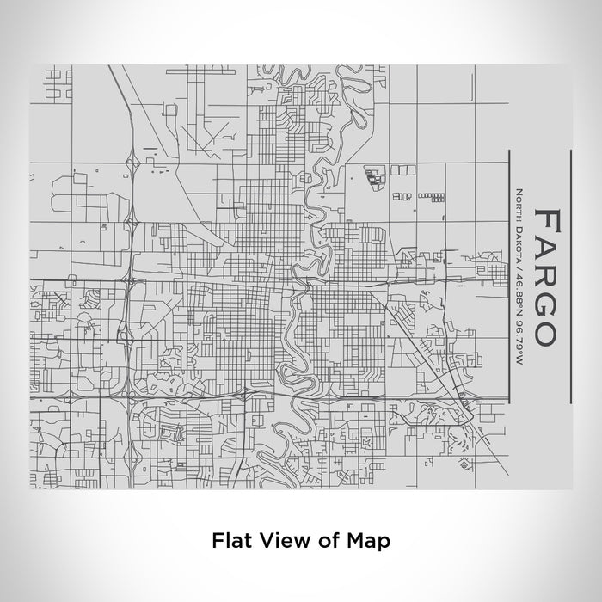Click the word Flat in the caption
[x=230, y=541]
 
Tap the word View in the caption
[x=283, y=541]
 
